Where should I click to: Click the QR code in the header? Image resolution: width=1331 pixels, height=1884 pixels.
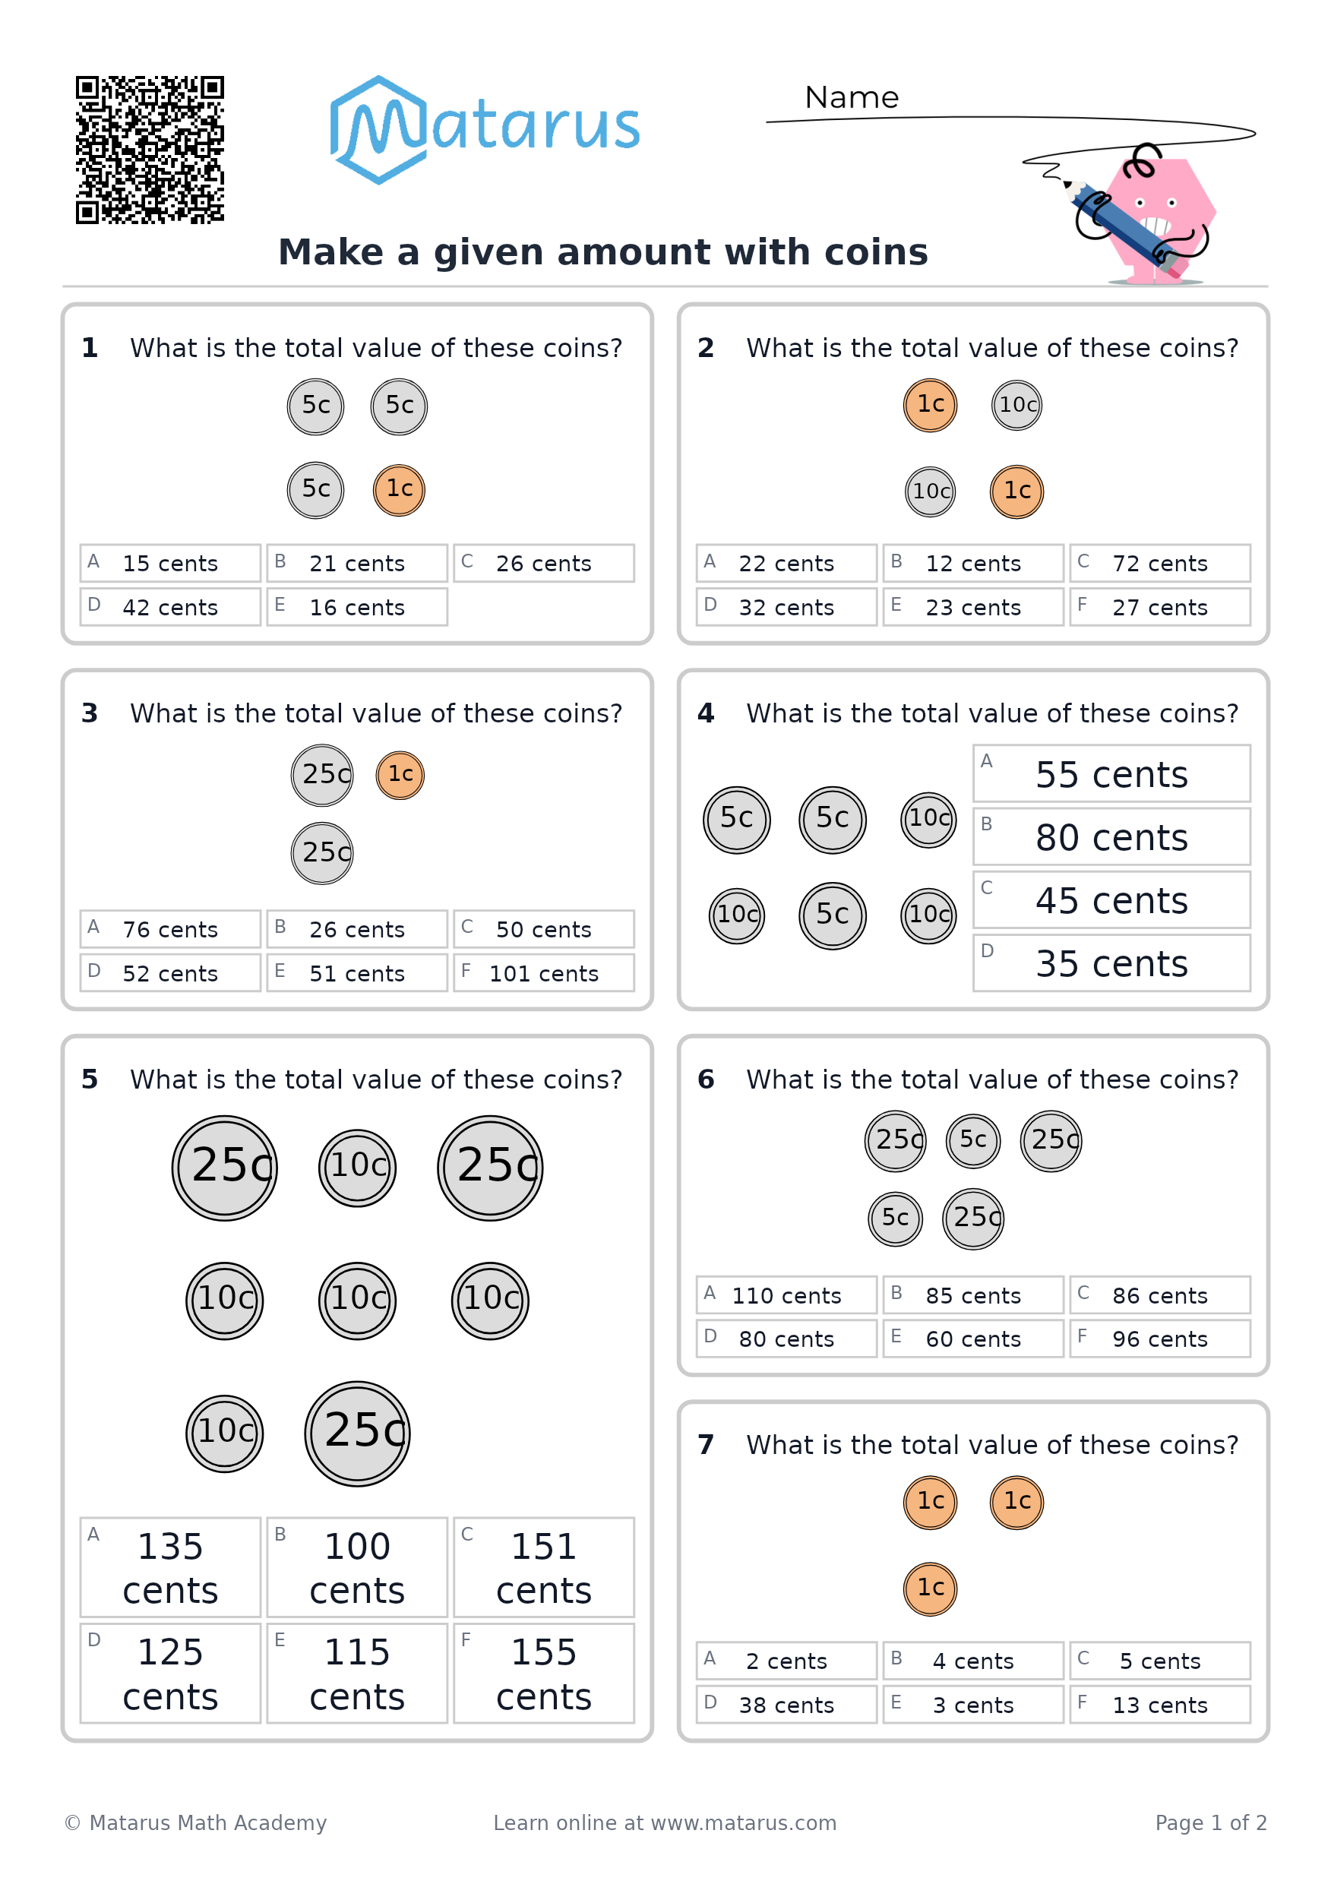[150, 150]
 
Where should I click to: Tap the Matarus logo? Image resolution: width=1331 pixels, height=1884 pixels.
[484, 130]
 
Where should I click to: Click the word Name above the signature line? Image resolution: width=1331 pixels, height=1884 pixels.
[851, 98]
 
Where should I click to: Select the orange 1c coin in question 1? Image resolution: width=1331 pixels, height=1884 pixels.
[399, 490]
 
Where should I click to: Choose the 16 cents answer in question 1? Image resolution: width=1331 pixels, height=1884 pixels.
[357, 606]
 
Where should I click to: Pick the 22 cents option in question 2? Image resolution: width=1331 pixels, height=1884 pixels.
[786, 563]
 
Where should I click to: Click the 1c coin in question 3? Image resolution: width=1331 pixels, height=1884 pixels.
[400, 775]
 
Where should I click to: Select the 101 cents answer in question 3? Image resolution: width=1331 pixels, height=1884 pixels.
[543, 972]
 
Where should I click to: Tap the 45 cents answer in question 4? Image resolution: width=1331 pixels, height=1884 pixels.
[1112, 900]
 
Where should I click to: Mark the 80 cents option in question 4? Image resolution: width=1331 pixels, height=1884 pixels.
[1112, 837]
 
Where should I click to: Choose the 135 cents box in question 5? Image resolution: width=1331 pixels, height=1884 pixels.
[170, 1567]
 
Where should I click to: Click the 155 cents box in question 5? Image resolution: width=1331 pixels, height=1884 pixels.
[543, 1673]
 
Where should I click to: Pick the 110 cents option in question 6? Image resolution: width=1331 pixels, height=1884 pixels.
[786, 1294]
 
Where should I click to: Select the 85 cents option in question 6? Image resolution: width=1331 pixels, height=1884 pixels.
[973, 1294]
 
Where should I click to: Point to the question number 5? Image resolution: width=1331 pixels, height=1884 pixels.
[90, 1079]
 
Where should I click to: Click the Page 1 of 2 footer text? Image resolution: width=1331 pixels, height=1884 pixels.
[1210, 1822]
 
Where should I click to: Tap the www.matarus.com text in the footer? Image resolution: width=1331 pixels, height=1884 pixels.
[744, 1822]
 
